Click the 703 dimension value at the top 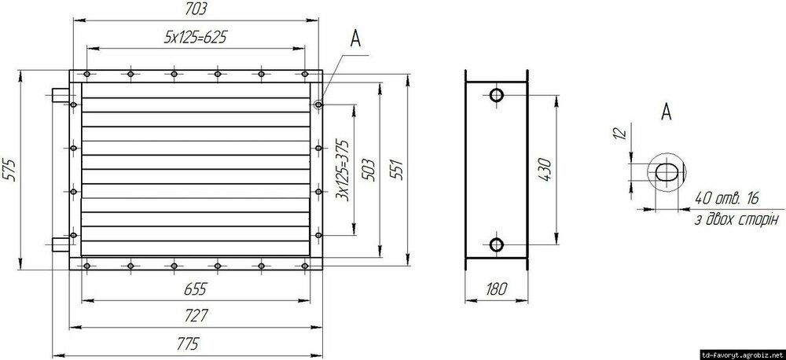pos(196,9)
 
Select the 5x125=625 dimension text pos(196,37)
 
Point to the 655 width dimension pos(195,289)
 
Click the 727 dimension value pos(196,316)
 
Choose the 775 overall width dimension pos(188,343)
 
